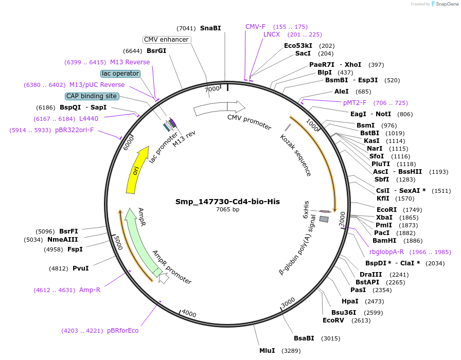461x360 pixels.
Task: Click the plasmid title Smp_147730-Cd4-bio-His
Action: coord(227,202)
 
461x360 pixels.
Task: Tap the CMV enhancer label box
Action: coord(166,40)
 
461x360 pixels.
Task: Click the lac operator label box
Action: coord(120,74)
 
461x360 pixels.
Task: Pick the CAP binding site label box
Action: coord(92,96)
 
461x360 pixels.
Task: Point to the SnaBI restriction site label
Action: coord(210,28)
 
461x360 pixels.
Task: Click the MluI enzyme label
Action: coord(267,351)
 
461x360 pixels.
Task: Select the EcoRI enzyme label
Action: coord(387,210)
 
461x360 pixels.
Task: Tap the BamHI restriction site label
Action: coord(384,241)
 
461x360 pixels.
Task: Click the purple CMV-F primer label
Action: coord(255,27)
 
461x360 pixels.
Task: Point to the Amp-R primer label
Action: coord(90,290)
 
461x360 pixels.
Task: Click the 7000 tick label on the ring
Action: coord(212,89)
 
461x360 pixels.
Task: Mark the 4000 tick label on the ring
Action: coord(189,314)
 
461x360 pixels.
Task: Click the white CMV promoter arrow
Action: coord(219,107)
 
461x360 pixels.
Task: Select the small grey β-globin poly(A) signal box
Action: coord(324,219)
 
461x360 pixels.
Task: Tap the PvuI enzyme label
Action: coord(80,268)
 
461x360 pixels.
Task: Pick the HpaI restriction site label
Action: coord(350,301)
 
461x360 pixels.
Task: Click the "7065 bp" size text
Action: coord(227,209)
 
